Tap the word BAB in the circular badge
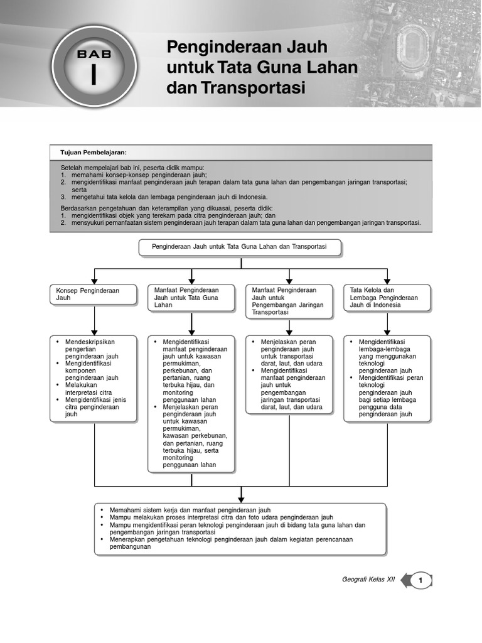click(94, 55)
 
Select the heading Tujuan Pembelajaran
click(94, 153)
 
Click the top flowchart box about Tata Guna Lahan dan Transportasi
click(240, 247)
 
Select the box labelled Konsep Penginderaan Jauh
click(94, 294)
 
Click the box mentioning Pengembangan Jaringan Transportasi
click(289, 301)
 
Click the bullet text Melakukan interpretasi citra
click(87, 389)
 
